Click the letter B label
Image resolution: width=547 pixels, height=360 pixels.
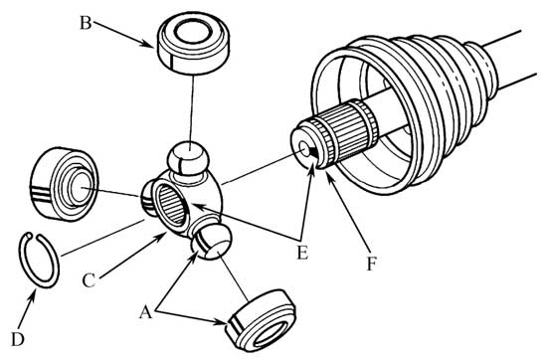(x=86, y=24)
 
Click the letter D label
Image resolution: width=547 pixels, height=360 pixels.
(x=18, y=339)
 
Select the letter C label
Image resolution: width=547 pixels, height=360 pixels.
(x=89, y=280)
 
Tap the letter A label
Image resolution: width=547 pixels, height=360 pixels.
(x=146, y=312)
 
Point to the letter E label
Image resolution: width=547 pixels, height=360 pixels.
(x=302, y=253)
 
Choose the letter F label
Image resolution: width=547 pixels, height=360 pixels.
(x=372, y=264)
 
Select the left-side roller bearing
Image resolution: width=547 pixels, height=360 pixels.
(x=65, y=184)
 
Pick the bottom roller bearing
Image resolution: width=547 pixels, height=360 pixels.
(x=262, y=320)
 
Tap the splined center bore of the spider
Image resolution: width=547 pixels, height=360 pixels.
(x=172, y=205)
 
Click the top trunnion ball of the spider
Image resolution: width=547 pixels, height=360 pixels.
(x=188, y=158)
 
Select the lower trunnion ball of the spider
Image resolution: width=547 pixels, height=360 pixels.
(x=212, y=242)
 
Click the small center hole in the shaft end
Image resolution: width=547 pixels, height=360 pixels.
(x=305, y=151)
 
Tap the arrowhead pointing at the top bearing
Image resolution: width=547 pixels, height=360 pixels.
(x=148, y=44)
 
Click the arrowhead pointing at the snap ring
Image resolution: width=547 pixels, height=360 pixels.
(x=34, y=294)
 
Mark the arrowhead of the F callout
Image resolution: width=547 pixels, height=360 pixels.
(x=327, y=174)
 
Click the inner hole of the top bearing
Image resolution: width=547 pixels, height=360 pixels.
(x=193, y=32)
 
